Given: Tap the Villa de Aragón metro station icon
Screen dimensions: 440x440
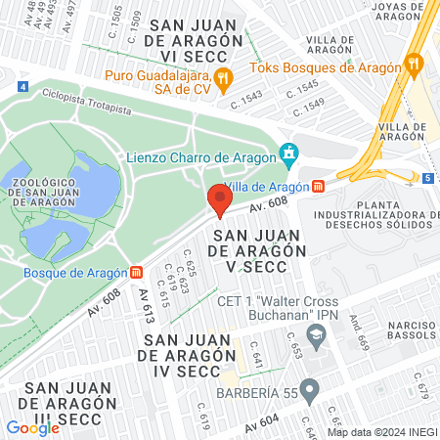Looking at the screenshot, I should (319, 187).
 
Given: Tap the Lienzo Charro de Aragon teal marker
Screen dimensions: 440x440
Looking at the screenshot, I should (287, 153).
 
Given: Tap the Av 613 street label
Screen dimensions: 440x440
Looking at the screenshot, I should (146, 307).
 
